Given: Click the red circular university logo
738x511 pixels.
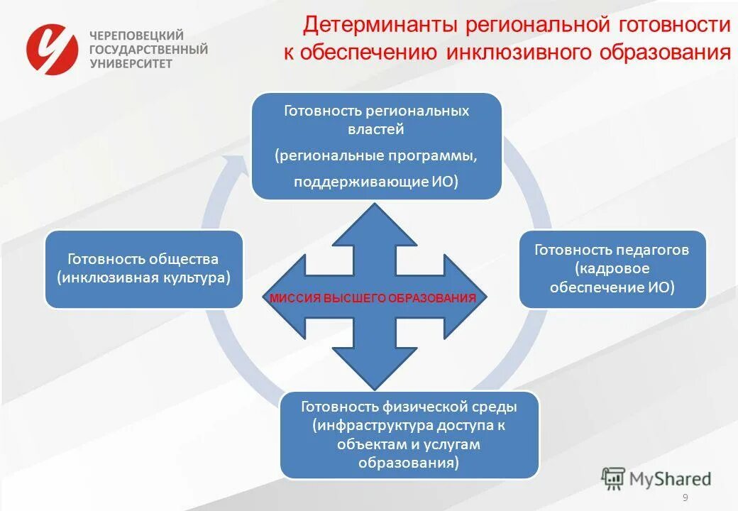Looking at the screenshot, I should click(52, 48).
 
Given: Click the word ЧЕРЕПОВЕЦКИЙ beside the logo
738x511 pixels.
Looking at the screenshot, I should click(136, 35).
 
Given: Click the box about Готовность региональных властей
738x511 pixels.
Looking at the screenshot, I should click(377, 145).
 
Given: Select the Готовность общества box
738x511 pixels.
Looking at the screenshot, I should click(144, 269).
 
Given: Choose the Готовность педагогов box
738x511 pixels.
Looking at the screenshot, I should click(612, 269).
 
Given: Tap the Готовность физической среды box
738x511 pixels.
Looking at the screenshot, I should click(409, 434).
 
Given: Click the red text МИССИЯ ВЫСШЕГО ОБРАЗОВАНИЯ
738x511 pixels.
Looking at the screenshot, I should click(373, 298).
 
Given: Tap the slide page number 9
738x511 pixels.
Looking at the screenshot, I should click(685, 498).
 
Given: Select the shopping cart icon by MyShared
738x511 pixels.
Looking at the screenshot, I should click(613, 479).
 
